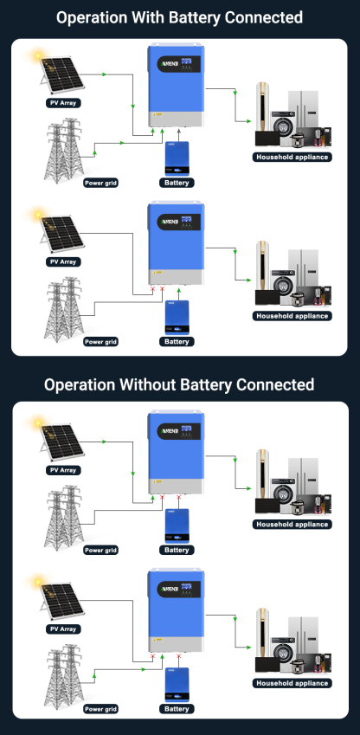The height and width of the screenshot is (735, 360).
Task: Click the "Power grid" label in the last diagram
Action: pyautogui.click(x=100, y=709)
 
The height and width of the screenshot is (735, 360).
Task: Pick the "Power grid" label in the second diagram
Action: pyautogui.click(x=100, y=342)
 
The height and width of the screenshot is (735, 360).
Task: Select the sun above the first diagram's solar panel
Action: pyautogui.click(x=37, y=56)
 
